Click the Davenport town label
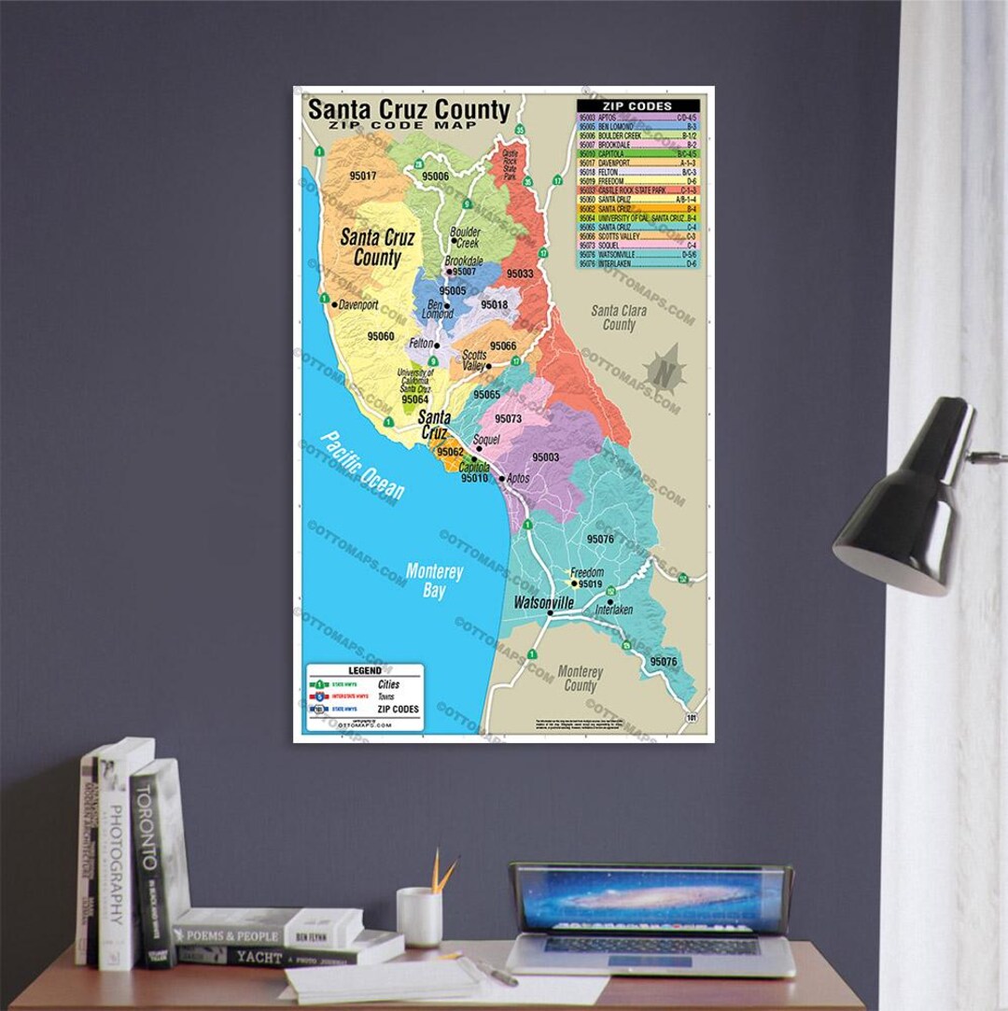pos(359,305)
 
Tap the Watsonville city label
pos(543,603)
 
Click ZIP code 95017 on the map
pos(362,176)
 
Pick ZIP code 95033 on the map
pos(520,274)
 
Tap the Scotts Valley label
pos(474,360)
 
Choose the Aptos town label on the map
pos(517,478)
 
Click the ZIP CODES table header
pos(637,105)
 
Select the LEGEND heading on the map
pos(364,670)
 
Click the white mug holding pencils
pos(419,916)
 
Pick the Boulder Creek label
pos(464,237)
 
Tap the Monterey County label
pos(580,679)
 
